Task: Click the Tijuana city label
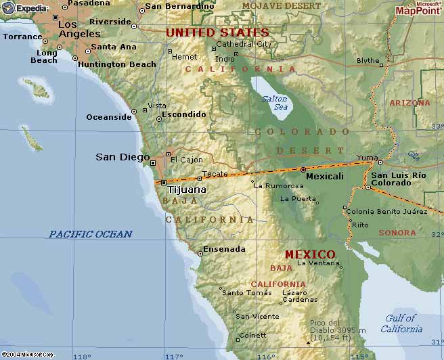click(186, 189)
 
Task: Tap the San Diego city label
click(123, 157)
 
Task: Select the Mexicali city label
click(325, 176)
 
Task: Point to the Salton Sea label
click(274, 103)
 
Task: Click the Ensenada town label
click(224, 249)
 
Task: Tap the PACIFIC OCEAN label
click(90, 234)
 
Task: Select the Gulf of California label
click(401, 323)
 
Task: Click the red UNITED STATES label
click(217, 32)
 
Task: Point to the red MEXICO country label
click(309, 254)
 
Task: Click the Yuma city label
click(367, 158)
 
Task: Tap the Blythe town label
click(368, 61)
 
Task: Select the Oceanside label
click(108, 117)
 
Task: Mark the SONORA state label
click(397, 233)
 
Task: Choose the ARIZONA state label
click(409, 103)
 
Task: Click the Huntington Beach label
click(117, 64)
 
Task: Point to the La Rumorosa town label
click(279, 186)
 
